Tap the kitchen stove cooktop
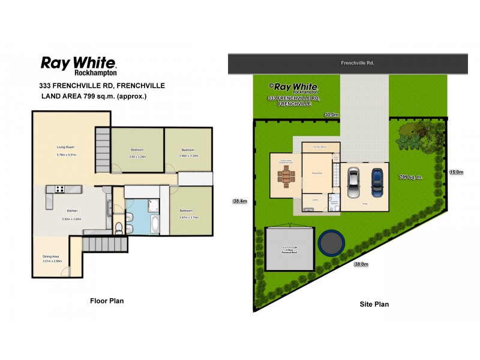tap(61, 189)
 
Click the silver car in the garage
tap(353, 182)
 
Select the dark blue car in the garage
tap(377, 182)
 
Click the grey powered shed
tap(290, 248)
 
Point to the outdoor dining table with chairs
tap(285, 177)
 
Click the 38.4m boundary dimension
tap(240, 202)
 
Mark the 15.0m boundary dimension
tap(457, 173)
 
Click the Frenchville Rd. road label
tap(357, 62)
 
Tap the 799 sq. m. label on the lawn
tap(411, 177)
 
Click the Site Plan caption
tap(374, 304)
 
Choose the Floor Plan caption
tap(107, 301)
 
